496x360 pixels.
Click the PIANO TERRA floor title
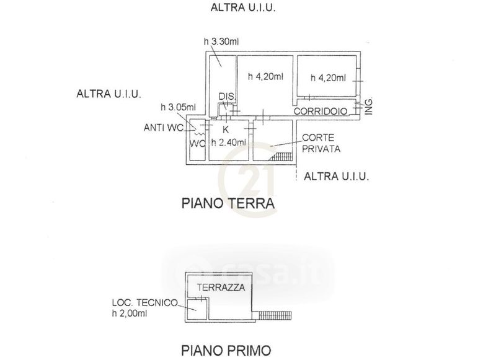(x=227, y=203)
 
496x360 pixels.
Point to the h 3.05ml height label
(x=178, y=107)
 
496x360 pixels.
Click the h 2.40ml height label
(x=229, y=142)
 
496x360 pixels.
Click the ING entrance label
(x=368, y=107)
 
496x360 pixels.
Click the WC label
(x=197, y=144)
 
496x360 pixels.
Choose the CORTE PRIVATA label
(x=321, y=144)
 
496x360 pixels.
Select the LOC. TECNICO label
(x=144, y=303)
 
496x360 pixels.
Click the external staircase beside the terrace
(x=272, y=314)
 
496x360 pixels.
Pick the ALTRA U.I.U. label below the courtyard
(x=337, y=177)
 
